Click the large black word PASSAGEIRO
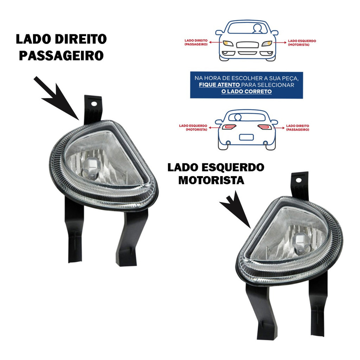coord(61,55)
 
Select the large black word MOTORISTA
coord(211,180)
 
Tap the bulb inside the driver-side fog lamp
coord(299,243)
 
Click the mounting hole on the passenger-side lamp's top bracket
coord(94,104)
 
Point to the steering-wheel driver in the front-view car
coord(258,28)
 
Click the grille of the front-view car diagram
coord(247,45)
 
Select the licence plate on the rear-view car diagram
coord(246,137)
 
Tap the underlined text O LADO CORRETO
coord(246,91)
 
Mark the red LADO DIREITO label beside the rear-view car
coord(297,127)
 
